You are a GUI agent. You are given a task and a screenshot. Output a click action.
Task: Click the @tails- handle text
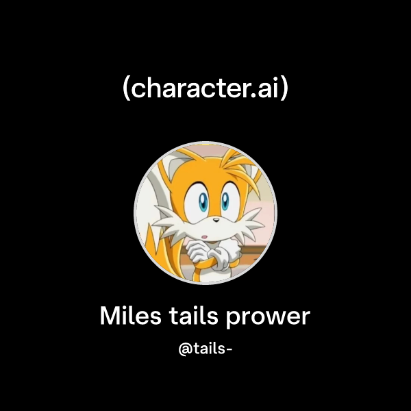coord(206,349)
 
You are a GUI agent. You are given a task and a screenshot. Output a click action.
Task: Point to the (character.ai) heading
coord(206,88)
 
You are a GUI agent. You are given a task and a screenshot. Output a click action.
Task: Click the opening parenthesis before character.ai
coord(125,89)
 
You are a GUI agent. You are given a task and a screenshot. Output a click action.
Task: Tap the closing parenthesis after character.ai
coord(284,89)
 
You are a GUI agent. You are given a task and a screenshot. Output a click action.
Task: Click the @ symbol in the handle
coord(184,349)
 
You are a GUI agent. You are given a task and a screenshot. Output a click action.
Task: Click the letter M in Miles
coord(110,316)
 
